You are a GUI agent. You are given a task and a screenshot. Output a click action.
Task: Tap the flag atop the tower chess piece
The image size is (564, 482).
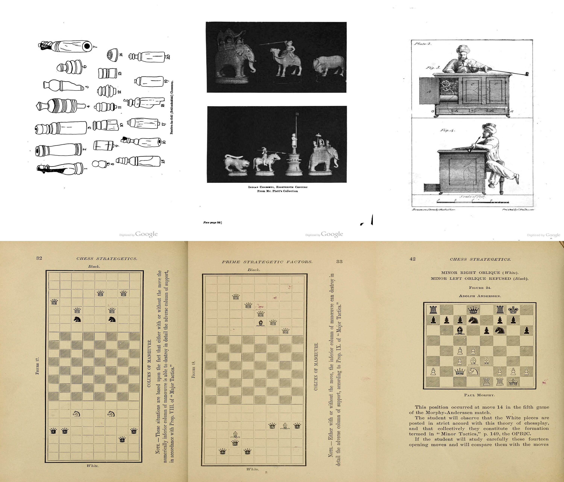[x=298, y=114]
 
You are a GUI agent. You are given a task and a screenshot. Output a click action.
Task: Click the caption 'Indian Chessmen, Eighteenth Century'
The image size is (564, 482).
[x=278, y=187]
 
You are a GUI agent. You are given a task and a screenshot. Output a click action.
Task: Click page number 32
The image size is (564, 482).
[x=39, y=258]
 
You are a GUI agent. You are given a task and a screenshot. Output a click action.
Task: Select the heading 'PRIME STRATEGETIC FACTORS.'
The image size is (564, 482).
[x=267, y=262]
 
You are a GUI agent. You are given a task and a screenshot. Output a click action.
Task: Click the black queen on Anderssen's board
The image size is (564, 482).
[x=474, y=310]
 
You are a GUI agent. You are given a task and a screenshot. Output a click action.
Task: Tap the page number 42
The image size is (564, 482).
[x=413, y=259]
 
